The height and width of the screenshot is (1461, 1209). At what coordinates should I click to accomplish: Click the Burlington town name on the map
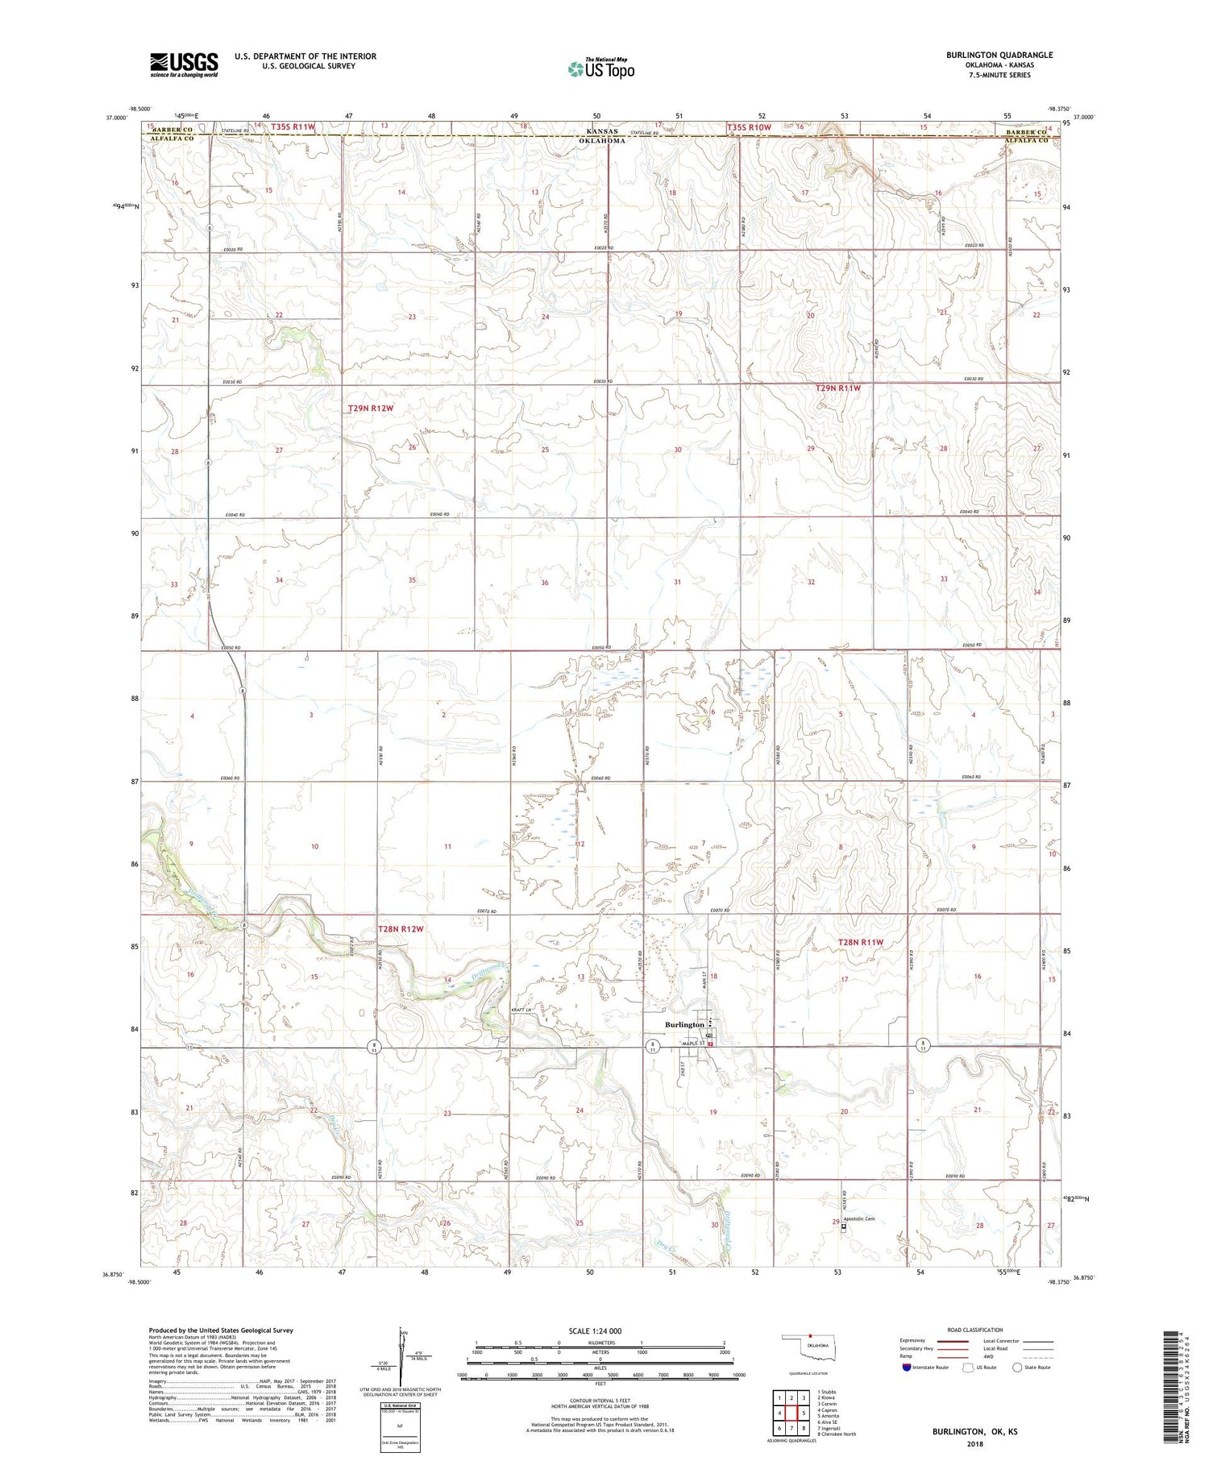click(x=683, y=1024)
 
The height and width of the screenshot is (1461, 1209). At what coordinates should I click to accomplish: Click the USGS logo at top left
click(x=184, y=64)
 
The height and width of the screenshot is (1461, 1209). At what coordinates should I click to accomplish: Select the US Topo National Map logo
click(x=600, y=68)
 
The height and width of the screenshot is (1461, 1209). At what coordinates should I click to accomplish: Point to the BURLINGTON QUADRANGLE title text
click(x=999, y=55)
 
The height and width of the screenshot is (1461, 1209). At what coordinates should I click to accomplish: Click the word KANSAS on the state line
click(x=602, y=131)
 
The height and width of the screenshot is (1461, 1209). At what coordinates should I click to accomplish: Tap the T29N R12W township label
click(x=371, y=409)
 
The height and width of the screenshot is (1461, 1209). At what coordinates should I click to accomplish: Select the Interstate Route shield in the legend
click(x=907, y=1368)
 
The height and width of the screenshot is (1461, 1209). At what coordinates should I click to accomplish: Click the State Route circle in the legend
click(x=1017, y=1368)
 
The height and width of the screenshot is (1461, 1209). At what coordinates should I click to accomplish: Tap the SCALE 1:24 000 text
click(x=595, y=1331)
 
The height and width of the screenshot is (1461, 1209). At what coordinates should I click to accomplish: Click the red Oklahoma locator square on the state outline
click(x=810, y=1339)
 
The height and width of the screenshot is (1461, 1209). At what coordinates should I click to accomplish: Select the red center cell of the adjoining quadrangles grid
click(x=791, y=1413)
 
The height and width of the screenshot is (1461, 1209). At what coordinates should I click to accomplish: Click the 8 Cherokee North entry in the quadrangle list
click(x=836, y=1434)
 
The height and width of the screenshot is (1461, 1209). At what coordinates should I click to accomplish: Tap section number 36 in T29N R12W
click(x=545, y=583)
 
